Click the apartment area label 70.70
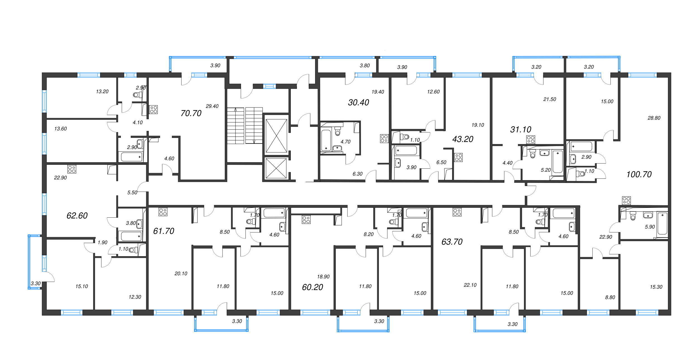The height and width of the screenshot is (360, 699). pyautogui.click(x=191, y=113)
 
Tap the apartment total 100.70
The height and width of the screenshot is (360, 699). pyautogui.click(x=639, y=175)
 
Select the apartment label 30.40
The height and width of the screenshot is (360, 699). pyautogui.click(x=358, y=103)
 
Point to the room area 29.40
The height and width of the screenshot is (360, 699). pyautogui.click(x=212, y=106)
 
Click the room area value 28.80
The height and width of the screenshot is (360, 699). pyautogui.click(x=654, y=118)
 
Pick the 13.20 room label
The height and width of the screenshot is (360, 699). pyautogui.click(x=102, y=91)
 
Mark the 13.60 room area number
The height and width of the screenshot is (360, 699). pyautogui.click(x=60, y=129)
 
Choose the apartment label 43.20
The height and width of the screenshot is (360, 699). pyautogui.click(x=463, y=139)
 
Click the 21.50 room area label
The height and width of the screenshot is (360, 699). pyautogui.click(x=550, y=99)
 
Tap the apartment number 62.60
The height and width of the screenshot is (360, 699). pyautogui.click(x=77, y=216)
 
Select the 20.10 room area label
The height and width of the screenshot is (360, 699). pyautogui.click(x=181, y=274)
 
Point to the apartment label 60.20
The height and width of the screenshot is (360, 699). pyautogui.click(x=312, y=287)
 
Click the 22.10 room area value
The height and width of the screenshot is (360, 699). pyautogui.click(x=470, y=285)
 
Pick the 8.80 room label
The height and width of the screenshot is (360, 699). pyautogui.click(x=610, y=297)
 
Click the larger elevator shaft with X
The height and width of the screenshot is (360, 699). pyautogui.click(x=276, y=136)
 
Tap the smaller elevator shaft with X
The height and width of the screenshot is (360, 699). pyautogui.click(x=276, y=168)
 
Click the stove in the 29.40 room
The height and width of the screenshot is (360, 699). pyautogui.click(x=154, y=109)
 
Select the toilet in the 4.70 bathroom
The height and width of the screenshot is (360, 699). pyautogui.click(x=337, y=131)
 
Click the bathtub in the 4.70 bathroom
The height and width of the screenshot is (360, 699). pyautogui.click(x=326, y=140)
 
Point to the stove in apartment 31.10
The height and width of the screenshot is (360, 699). pyautogui.click(x=531, y=140)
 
